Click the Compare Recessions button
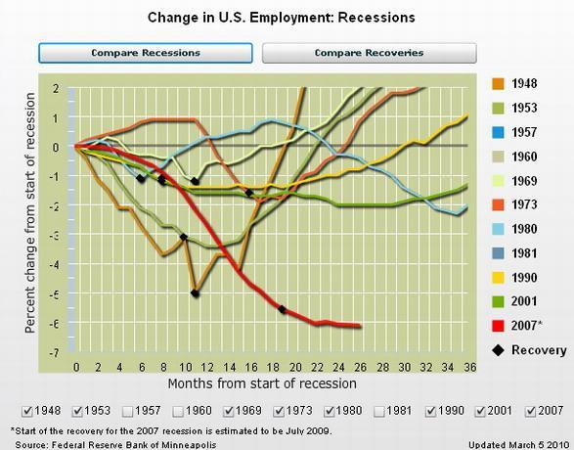(146, 53)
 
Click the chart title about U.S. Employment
(282, 18)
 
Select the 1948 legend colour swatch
(499, 84)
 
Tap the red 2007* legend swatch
(499, 326)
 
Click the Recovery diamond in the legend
(498, 350)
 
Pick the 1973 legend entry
(515, 204)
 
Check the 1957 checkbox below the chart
(128, 412)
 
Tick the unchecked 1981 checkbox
(379, 412)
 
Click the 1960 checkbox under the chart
(178, 412)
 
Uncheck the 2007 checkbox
(530, 412)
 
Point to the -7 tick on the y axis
(54, 352)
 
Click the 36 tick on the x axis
(470, 367)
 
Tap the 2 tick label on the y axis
(56, 89)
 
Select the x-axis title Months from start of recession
(262, 383)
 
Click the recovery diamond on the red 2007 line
(282, 309)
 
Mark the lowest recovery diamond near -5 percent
(196, 293)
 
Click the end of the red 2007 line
(360, 326)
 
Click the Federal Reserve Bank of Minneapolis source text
(115, 445)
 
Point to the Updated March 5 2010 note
(518, 445)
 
